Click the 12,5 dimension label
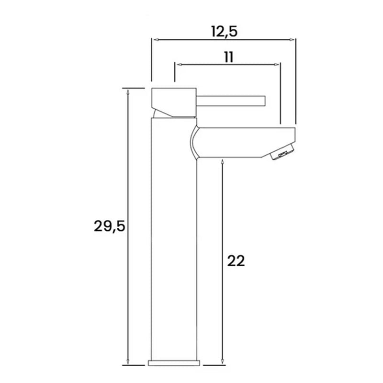224,32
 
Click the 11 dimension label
229,57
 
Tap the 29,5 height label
110,226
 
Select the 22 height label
236,261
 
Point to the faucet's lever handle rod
231,101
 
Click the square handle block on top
174,102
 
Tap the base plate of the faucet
174,363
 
